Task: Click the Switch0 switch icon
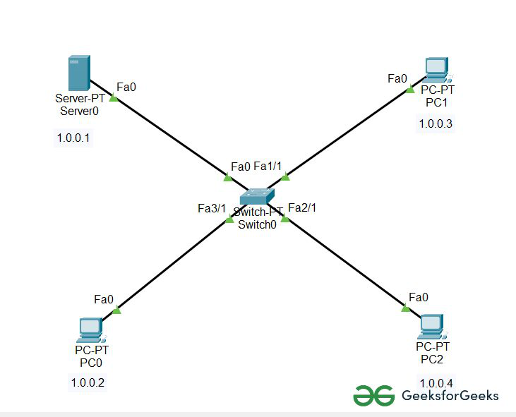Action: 257,197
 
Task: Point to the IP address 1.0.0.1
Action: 73,138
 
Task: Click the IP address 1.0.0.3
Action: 436,124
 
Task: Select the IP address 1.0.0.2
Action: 88,383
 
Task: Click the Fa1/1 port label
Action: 268,167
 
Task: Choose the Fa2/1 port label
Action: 302,207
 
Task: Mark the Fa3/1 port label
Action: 212,208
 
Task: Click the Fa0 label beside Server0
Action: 126,87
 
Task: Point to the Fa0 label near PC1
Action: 397,78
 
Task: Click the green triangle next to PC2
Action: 405,308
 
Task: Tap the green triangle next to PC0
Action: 117,310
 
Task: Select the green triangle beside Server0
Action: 114,98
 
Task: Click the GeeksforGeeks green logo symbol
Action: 373,395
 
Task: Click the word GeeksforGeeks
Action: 449,395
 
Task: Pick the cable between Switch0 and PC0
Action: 173,265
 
